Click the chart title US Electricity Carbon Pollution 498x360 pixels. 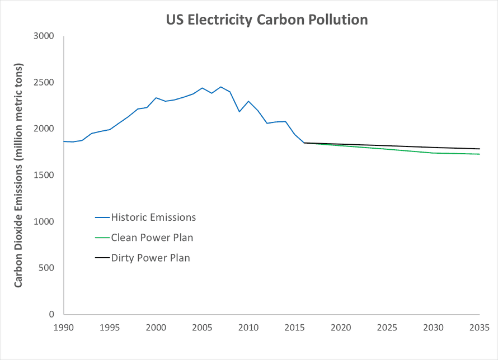[x=267, y=20]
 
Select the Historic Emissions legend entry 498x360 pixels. [x=153, y=217]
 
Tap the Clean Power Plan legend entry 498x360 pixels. [x=152, y=238]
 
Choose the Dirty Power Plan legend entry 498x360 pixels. [x=151, y=258]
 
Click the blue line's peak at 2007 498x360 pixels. [x=220, y=87]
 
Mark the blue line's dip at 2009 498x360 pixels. [x=239, y=112]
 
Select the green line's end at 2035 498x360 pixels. [x=480, y=154]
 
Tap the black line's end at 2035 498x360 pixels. [x=480, y=149]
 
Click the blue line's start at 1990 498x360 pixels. [x=64, y=141]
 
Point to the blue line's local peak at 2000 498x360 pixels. [x=156, y=98]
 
